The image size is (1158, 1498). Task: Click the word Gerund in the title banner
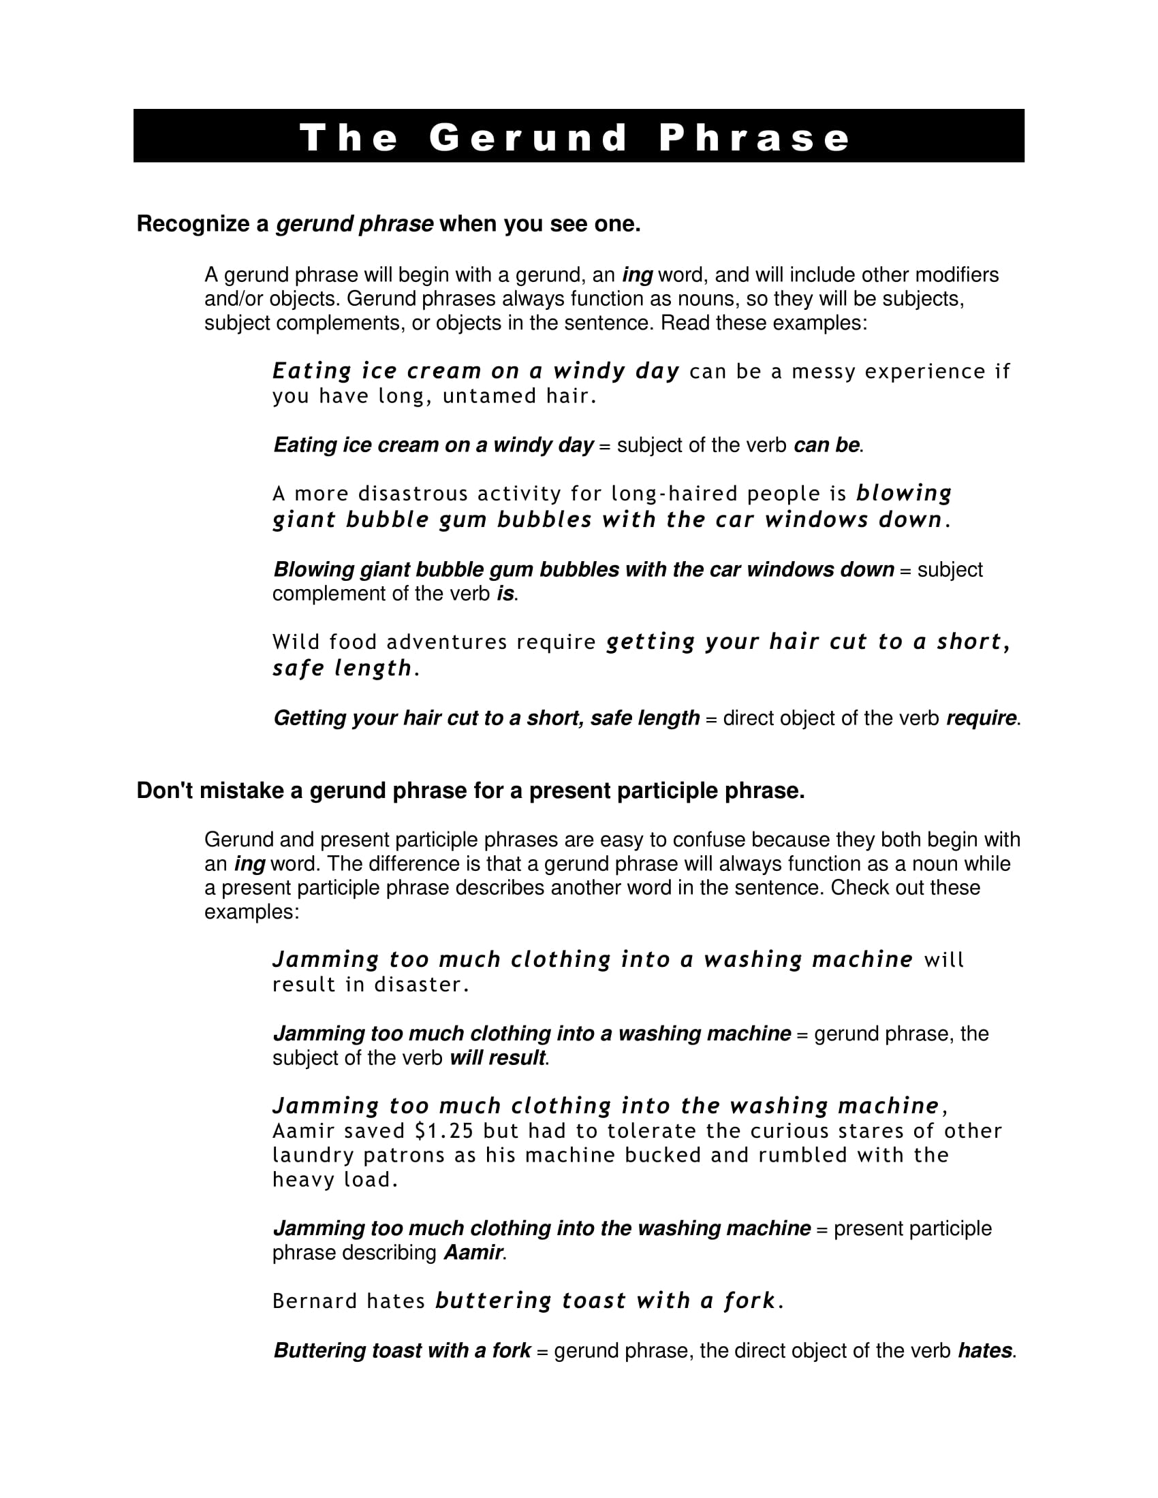[x=527, y=138]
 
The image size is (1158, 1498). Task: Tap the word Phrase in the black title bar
[x=754, y=138]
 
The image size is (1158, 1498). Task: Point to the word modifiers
[x=957, y=275]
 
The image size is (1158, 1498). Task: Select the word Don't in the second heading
[x=165, y=791]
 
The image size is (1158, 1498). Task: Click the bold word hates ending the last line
[x=984, y=1350]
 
